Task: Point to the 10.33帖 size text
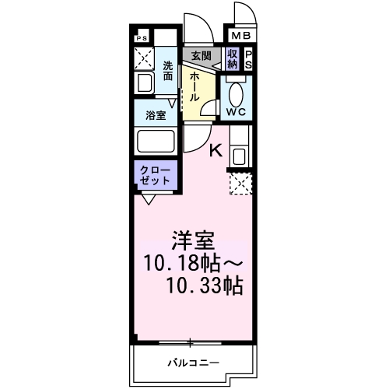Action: (204, 286)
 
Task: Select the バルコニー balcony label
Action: (194, 363)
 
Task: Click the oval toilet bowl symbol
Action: (237, 93)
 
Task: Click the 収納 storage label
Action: (232, 58)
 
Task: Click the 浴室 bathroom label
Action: (156, 115)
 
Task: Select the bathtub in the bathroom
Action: (156, 142)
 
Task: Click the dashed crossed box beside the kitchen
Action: (239, 184)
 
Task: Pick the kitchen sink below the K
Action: (238, 155)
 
